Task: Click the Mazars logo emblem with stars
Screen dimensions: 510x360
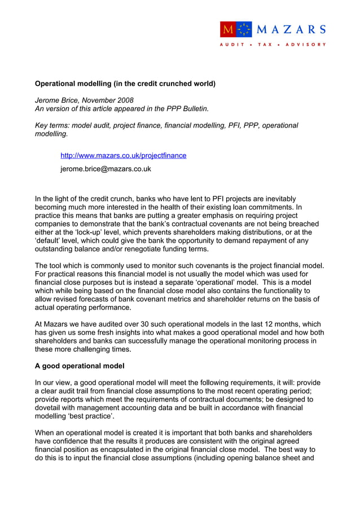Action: (x=236, y=29)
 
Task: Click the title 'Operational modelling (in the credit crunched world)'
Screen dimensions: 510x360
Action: (x=125, y=84)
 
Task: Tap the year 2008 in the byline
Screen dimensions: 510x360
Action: (x=124, y=100)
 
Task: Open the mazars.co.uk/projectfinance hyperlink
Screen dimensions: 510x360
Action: (x=123, y=155)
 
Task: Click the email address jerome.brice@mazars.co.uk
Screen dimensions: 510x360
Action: (x=106, y=169)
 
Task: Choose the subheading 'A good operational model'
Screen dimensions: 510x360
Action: (x=80, y=365)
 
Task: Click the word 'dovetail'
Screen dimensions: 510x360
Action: (x=52, y=407)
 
